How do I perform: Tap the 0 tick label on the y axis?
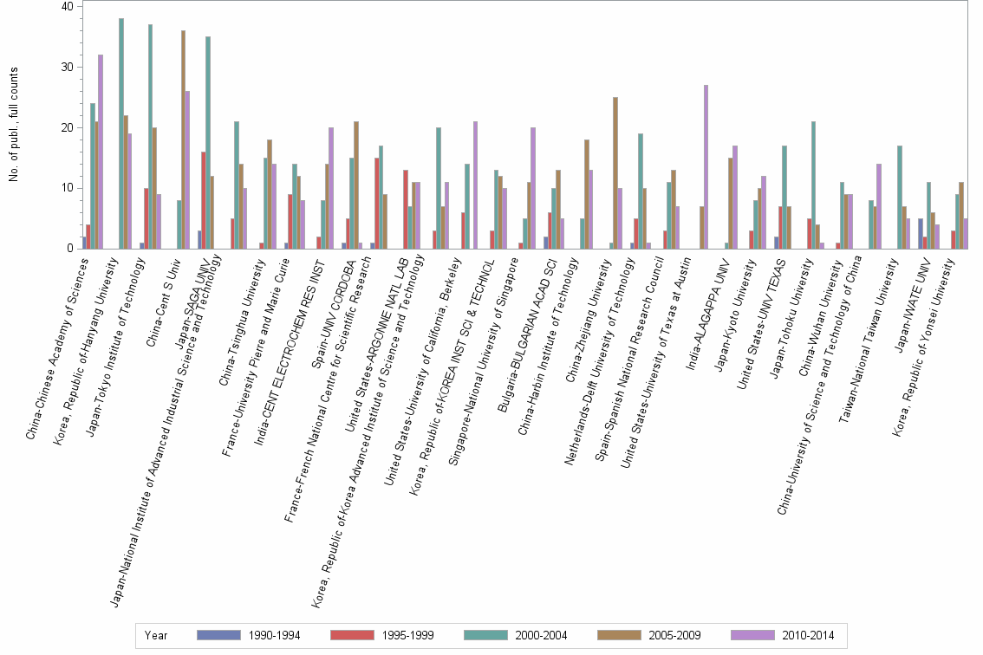[70, 249]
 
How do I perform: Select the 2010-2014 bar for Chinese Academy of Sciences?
[101, 152]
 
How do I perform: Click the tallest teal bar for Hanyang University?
[121, 133]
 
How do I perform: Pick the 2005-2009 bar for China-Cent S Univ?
[183, 139]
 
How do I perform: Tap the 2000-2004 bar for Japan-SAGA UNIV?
[208, 143]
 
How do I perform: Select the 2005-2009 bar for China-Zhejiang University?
[615, 173]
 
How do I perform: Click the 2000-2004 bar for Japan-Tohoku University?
[814, 185]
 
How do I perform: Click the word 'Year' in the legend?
[156, 635]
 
